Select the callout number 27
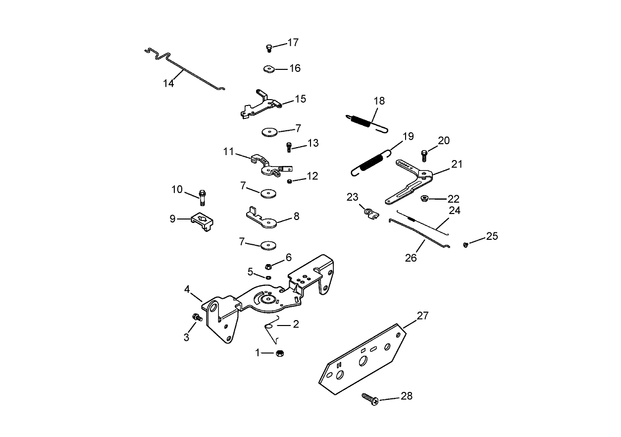pos(423,316)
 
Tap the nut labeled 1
pos(279,353)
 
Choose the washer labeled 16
pos(269,69)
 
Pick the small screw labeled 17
pos(269,48)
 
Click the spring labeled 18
pos(365,121)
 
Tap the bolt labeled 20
pos(424,155)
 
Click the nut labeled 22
pos(424,199)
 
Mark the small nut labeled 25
pos(466,244)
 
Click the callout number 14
pos(168,83)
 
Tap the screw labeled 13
pos(289,147)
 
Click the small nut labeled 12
pos(290,181)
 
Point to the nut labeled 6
pos(268,266)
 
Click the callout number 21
pos(456,164)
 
